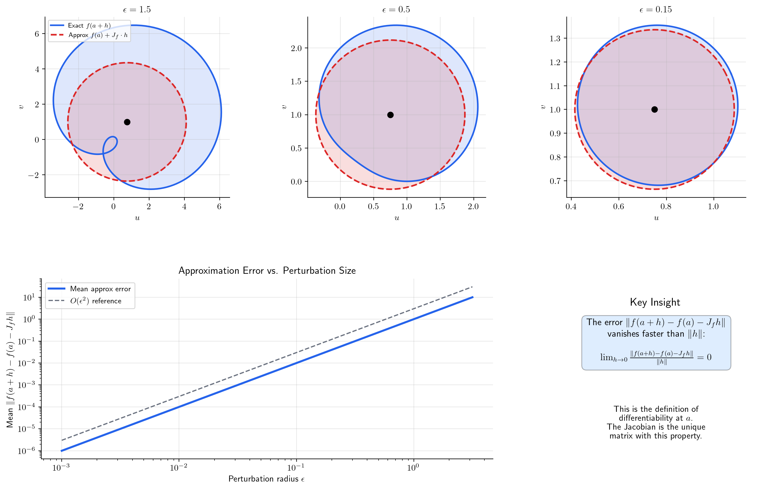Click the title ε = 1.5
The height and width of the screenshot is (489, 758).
point(137,9)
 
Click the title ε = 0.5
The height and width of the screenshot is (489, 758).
point(396,9)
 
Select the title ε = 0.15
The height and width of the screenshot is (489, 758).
point(656,9)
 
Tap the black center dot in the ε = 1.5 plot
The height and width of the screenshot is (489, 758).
point(127,122)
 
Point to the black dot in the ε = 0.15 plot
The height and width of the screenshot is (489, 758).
point(654,109)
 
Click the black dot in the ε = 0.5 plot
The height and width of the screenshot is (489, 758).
point(390,115)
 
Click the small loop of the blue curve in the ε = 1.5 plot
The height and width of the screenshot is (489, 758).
point(111,144)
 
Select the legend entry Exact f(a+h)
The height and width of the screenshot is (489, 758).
point(89,26)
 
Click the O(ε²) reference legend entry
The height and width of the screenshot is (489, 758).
point(96,301)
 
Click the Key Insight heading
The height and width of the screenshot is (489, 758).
point(655,302)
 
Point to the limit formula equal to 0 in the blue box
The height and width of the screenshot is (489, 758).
point(656,358)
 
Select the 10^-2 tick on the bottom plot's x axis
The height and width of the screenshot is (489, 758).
point(179,467)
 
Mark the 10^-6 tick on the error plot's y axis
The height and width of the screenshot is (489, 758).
point(26,451)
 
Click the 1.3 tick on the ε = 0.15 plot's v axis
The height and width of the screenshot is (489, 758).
point(555,38)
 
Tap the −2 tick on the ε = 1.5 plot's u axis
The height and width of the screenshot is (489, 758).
point(78,206)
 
